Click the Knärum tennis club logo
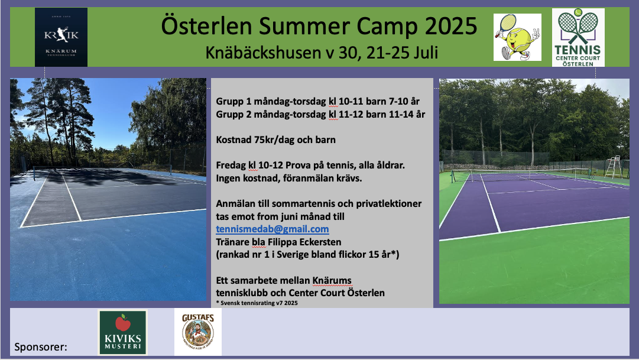[61, 37]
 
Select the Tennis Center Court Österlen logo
[578, 37]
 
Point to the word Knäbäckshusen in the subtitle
[263, 53]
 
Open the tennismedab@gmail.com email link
[273, 229]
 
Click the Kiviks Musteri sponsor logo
[123, 332]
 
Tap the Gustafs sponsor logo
[198, 332]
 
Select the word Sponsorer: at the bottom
[41, 347]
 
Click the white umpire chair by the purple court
[614, 167]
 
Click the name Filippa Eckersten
[304, 242]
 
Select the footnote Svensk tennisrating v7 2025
[259, 303]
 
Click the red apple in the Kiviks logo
[123, 323]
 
